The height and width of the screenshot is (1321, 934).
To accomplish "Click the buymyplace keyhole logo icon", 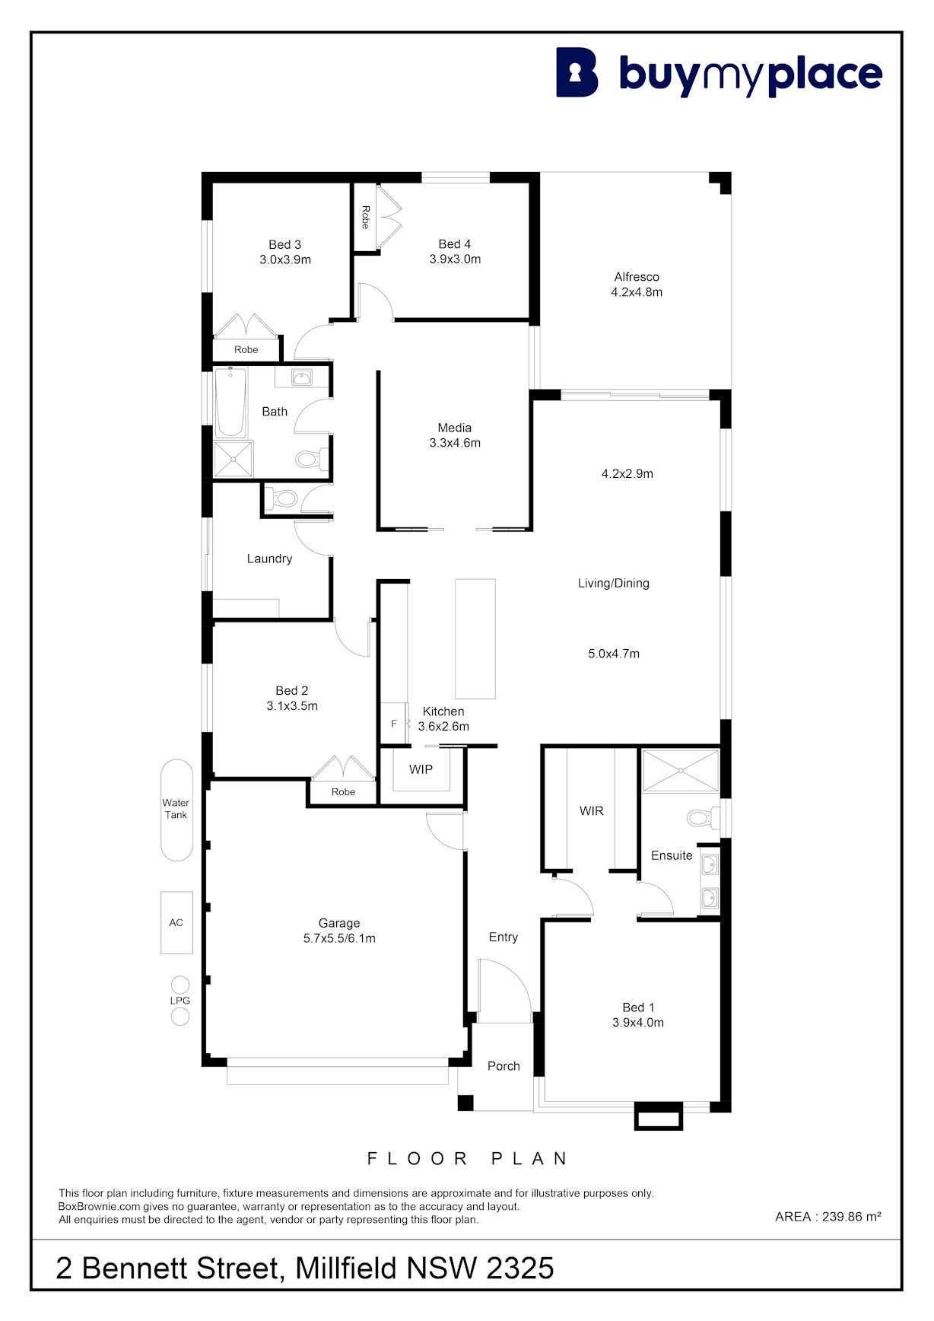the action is click(x=577, y=72).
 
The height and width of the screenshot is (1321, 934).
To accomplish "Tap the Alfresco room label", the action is click(x=637, y=277).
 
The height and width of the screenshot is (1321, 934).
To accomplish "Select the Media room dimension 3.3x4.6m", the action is click(x=455, y=443).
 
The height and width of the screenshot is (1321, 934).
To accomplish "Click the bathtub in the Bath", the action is click(x=230, y=403).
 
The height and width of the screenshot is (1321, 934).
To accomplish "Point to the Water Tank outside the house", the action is click(x=176, y=810).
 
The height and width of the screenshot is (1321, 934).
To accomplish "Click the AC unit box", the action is click(x=176, y=922).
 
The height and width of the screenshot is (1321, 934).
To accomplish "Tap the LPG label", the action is click(x=180, y=1001).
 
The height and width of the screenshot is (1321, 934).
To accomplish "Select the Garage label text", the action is click(x=339, y=923).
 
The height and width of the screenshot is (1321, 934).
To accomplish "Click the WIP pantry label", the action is click(x=421, y=769).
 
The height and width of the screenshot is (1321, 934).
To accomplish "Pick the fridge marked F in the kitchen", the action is click(x=394, y=723).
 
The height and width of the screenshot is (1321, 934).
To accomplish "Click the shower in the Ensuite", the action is click(x=680, y=771).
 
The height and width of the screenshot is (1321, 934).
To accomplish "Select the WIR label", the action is click(x=592, y=811).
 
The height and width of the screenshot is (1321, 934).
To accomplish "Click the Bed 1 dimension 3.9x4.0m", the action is click(x=638, y=1023).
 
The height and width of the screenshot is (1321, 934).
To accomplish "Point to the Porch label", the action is click(x=504, y=1066).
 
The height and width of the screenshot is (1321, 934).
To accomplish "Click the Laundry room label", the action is click(x=269, y=559).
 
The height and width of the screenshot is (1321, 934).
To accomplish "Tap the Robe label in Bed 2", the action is click(x=343, y=792).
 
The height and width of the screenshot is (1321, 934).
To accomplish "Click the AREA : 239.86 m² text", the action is click(x=828, y=1217).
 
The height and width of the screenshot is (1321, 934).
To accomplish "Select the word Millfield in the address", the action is click(x=346, y=1268).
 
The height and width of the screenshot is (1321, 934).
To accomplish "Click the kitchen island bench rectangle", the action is click(x=475, y=639).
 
